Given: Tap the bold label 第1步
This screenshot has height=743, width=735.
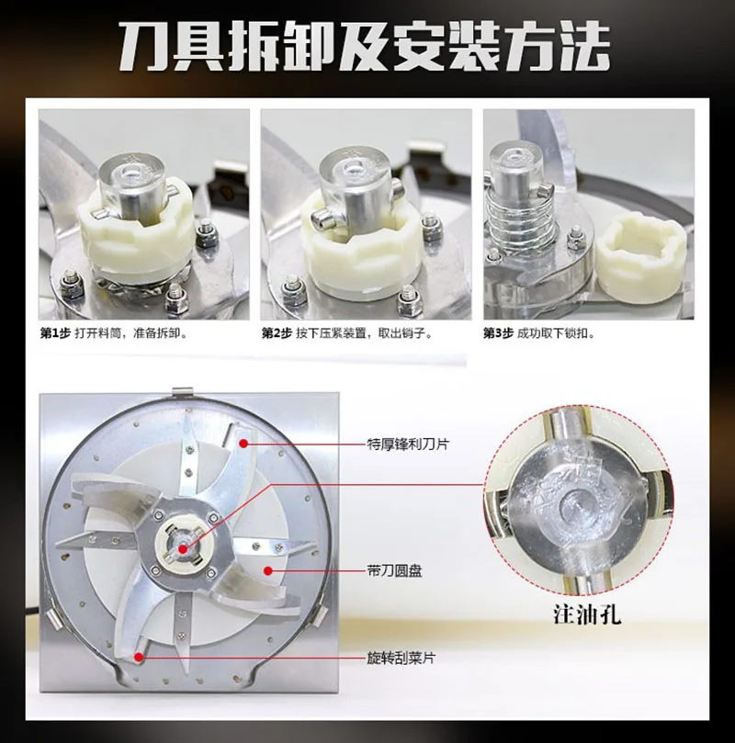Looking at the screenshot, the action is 55,333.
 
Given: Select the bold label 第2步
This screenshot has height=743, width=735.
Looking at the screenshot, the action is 277,333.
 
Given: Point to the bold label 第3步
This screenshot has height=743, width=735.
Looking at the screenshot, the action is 498,333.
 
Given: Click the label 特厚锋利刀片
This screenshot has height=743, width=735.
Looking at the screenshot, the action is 408,444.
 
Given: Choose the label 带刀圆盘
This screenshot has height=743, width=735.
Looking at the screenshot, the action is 395,570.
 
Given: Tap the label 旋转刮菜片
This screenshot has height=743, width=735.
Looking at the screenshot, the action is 401,659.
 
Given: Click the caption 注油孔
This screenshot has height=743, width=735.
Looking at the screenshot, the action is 587,614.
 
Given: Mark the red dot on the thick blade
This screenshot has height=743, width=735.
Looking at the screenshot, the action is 243,444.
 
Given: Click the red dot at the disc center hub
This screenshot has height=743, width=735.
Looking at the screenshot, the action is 183,549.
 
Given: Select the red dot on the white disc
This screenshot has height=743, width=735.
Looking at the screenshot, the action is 267,570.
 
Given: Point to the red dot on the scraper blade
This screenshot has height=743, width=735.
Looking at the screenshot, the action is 139,658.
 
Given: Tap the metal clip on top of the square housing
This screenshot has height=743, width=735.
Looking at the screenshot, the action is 183,393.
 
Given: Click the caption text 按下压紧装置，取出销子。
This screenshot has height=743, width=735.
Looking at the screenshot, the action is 364,333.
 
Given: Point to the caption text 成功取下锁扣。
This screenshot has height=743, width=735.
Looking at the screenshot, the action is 556,333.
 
